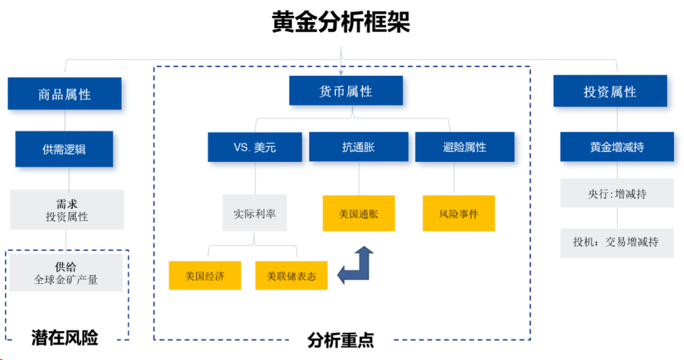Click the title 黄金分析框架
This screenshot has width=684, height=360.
tap(341, 21)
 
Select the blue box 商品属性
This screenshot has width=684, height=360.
tap(65, 94)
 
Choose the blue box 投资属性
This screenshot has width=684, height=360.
tap(610, 92)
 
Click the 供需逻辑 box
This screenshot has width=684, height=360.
tap(65, 149)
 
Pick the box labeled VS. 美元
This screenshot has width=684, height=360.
tap(255, 147)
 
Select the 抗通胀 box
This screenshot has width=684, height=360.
tap(359, 147)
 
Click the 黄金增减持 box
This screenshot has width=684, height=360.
tap(617, 147)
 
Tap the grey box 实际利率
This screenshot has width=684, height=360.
tap(255, 213)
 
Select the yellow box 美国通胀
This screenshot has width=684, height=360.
tap(359, 213)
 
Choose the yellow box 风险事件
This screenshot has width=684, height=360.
tap(459, 213)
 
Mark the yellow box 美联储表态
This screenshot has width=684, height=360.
tap(291, 276)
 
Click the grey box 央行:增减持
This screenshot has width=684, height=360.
tap(617, 194)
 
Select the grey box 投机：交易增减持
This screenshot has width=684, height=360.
tap(617, 243)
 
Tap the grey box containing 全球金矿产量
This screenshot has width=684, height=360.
tap(66, 273)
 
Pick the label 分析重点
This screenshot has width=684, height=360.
tap(340, 340)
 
